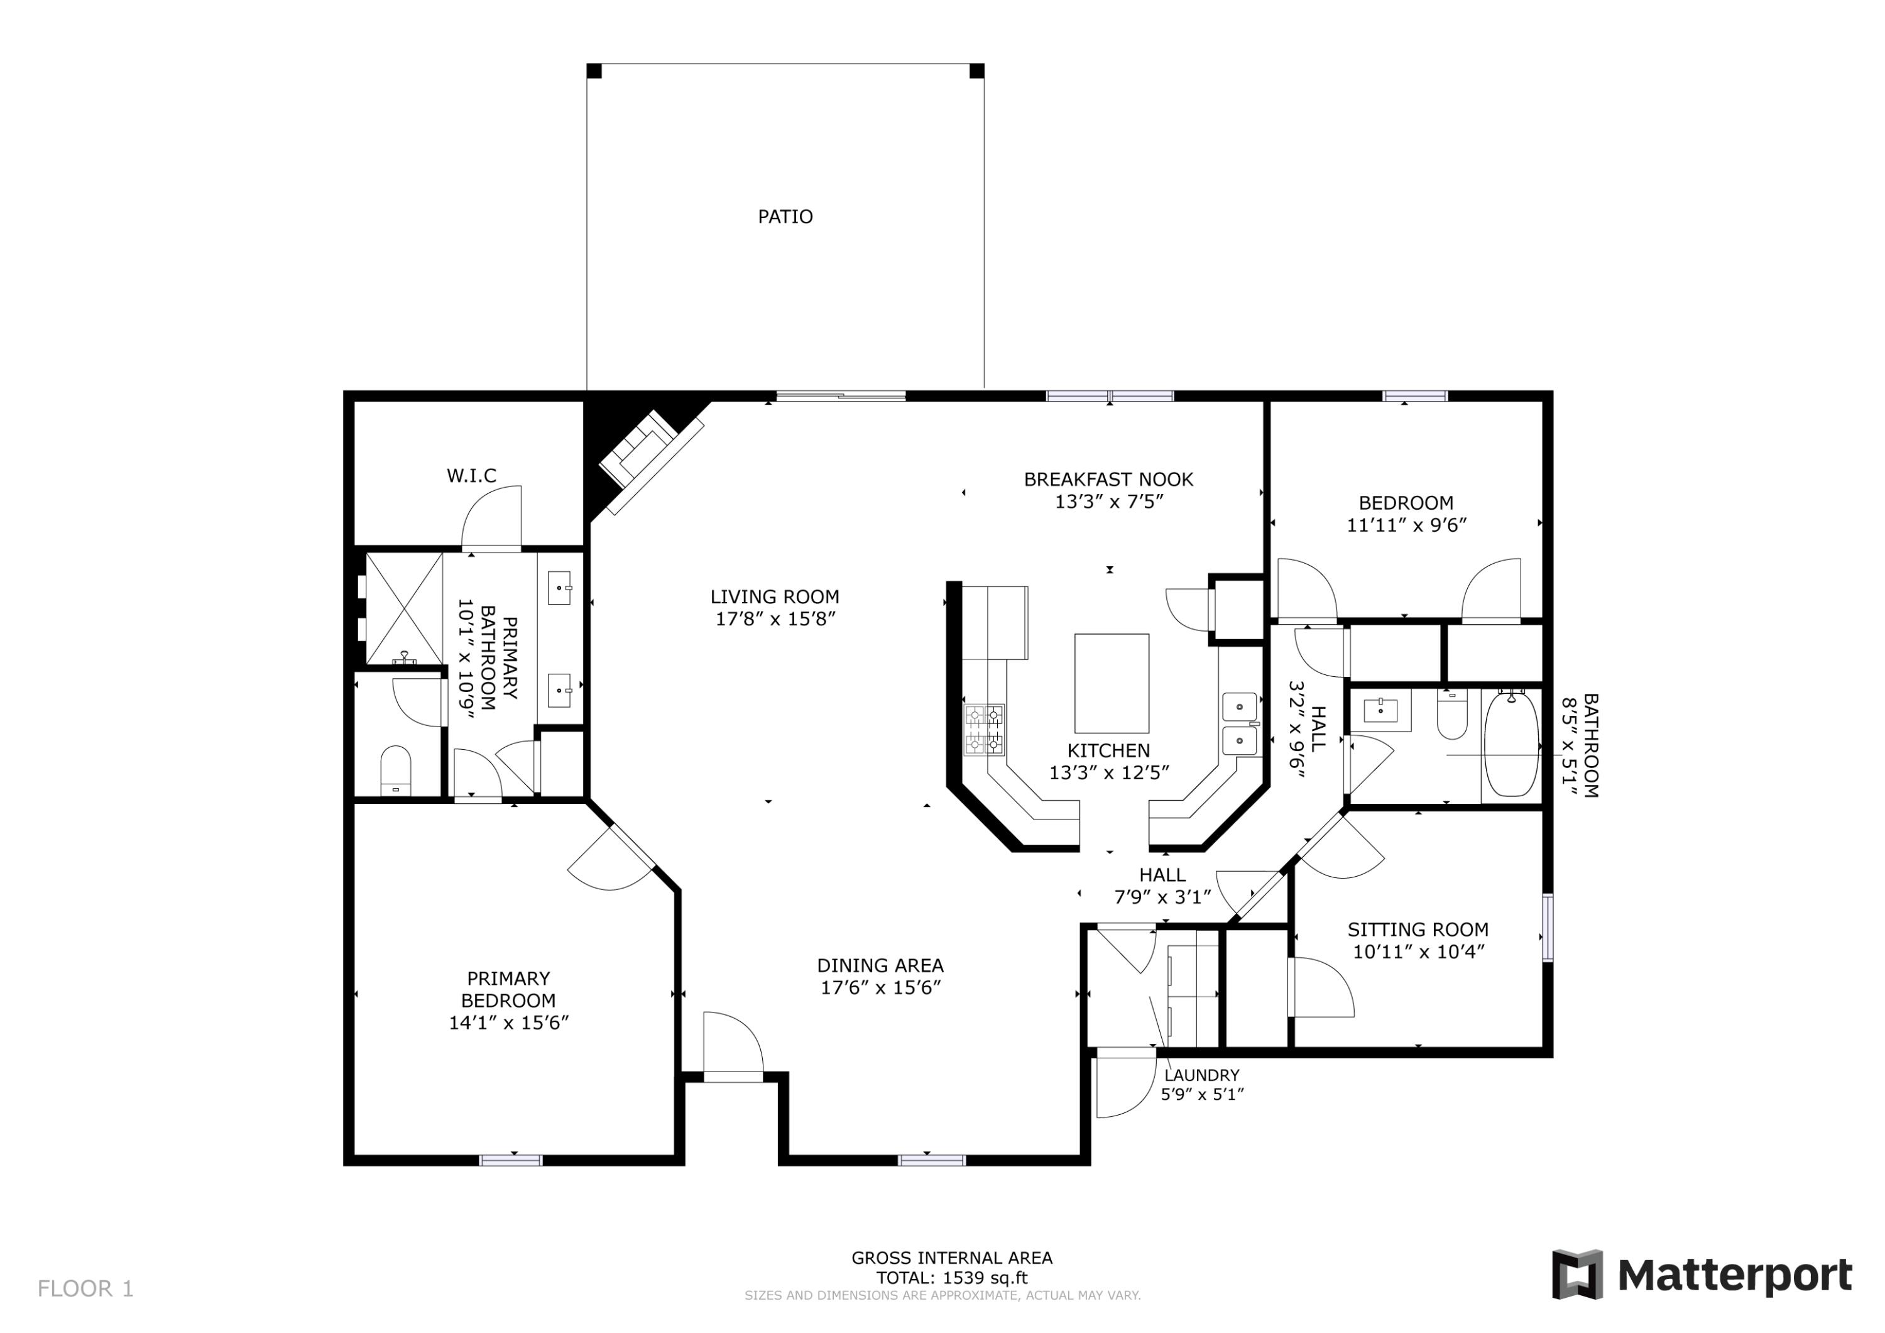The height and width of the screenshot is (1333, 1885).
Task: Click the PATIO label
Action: coord(785,217)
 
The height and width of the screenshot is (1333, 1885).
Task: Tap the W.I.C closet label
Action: coord(471,476)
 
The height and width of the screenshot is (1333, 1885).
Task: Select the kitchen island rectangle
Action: coord(1111,683)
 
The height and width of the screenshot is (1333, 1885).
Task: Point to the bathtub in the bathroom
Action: coord(1511,743)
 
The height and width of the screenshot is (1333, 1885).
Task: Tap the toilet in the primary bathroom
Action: coord(396,771)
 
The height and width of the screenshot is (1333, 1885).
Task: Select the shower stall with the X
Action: coord(403,608)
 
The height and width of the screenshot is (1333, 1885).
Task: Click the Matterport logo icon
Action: coord(1576,1274)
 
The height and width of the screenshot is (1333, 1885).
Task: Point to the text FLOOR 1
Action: coord(85,1288)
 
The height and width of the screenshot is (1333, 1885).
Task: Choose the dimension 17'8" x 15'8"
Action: coord(775,619)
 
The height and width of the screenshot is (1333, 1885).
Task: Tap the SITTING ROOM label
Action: coord(1418,930)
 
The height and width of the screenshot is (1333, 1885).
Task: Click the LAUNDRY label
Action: coord(1201,1075)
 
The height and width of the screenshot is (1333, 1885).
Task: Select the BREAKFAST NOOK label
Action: coord(1108,480)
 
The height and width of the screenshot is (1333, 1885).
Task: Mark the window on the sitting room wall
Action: coord(1548,927)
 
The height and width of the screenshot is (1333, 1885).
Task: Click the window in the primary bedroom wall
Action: coord(511,1160)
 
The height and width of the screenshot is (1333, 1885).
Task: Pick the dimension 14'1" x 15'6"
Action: coord(508,1023)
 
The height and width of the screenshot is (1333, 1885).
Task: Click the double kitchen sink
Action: coord(1239,723)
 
